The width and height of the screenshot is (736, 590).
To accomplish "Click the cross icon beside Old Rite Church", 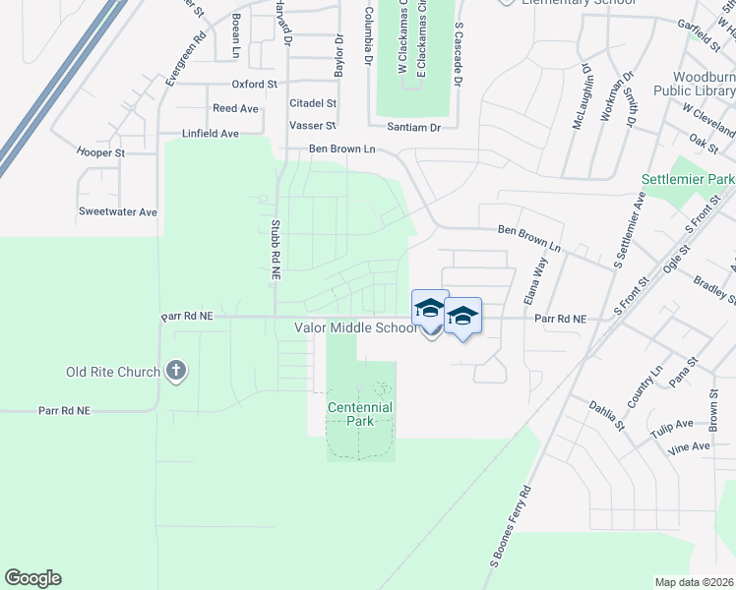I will point(175,371).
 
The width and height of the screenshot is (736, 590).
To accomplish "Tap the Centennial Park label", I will point(356,414).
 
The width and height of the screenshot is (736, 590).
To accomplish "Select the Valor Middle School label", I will point(355,328).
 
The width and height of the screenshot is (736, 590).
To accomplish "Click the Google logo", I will point(32,578).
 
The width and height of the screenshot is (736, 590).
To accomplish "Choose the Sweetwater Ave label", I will point(118,211).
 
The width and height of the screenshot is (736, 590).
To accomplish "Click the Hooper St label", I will point(101,152).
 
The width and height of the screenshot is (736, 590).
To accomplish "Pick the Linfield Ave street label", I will point(211,133).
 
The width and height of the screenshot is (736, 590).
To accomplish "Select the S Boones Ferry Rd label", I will point(511,527).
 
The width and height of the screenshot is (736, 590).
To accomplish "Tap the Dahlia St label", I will point(606,414).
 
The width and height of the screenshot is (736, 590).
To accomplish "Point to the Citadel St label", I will point(313,102).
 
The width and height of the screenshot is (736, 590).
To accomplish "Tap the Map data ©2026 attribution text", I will point(694,582).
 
